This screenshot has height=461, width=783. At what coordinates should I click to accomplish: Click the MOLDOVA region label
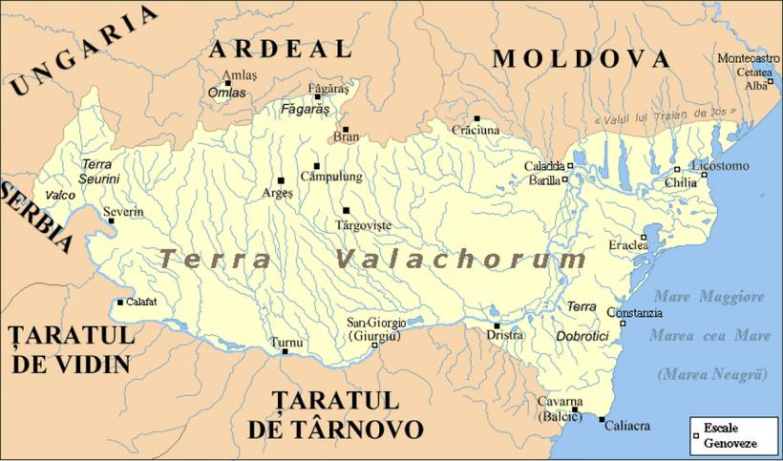click(581, 58)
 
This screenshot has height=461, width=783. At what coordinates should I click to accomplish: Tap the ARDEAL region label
click(281, 50)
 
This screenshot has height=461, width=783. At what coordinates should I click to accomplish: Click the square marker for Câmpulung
click(316, 165)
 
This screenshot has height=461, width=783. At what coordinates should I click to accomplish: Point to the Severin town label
click(123, 211)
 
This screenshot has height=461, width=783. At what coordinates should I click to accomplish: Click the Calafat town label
click(141, 303)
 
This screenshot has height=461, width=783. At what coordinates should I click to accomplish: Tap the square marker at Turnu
click(285, 352)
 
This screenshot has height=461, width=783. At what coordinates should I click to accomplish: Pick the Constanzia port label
click(632, 313)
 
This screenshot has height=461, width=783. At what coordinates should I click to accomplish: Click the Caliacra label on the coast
click(629, 422)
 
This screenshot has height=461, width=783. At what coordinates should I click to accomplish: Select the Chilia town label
click(681, 181)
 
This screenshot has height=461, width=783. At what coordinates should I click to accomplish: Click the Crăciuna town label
click(475, 129)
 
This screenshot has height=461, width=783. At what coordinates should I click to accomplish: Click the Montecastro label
click(748, 58)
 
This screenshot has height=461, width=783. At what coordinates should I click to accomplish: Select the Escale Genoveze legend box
click(731, 432)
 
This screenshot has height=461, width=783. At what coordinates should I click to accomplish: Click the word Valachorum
click(462, 260)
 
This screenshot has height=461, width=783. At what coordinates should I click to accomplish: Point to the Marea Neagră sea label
click(712, 374)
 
